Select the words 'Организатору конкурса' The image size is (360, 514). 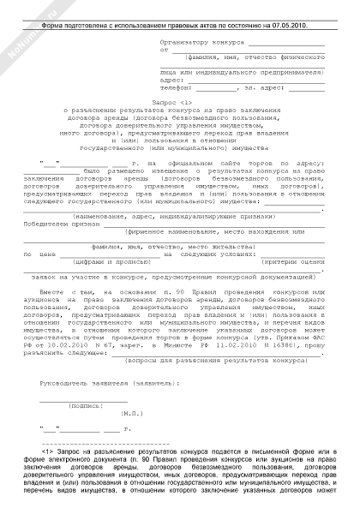[202, 41]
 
